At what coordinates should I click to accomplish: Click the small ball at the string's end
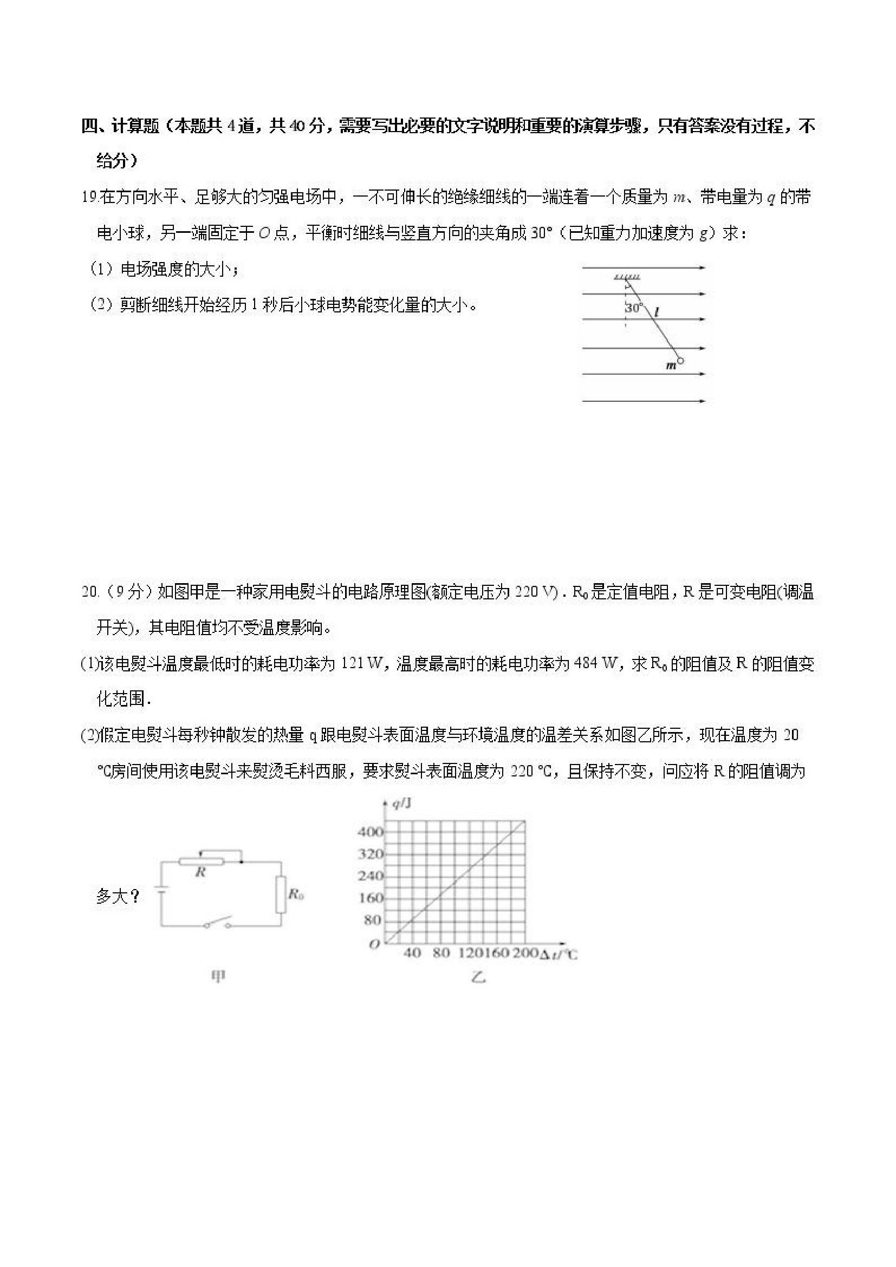[x=680, y=361]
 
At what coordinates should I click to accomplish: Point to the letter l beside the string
[x=657, y=312]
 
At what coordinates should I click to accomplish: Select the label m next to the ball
[x=671, y=366]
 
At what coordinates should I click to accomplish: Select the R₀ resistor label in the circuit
[x=296, y=893]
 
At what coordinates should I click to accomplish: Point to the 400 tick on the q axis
[x=370, y=832]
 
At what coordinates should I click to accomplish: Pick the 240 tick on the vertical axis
[x=370, y=876]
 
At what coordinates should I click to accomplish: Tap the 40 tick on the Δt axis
[x=412, y=953]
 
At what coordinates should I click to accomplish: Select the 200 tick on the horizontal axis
[x=525, y=953]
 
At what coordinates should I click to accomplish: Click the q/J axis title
[x=401, y=804]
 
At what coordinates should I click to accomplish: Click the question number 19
[x=89, y=197]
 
